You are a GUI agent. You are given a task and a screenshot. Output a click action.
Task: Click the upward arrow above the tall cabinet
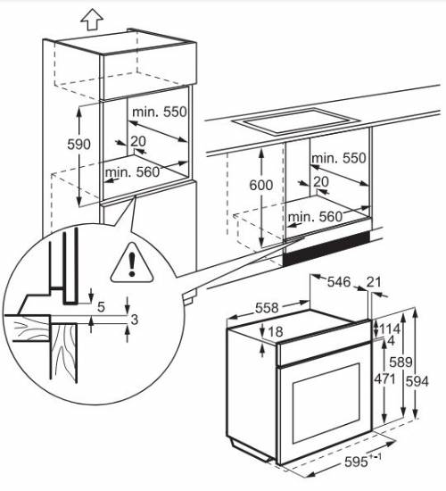click(x=90, y=17)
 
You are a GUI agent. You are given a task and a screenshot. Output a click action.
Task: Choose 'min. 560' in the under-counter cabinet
click(x=315, y=216)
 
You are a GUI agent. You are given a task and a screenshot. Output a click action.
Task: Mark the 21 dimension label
click(x=374, y=283)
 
